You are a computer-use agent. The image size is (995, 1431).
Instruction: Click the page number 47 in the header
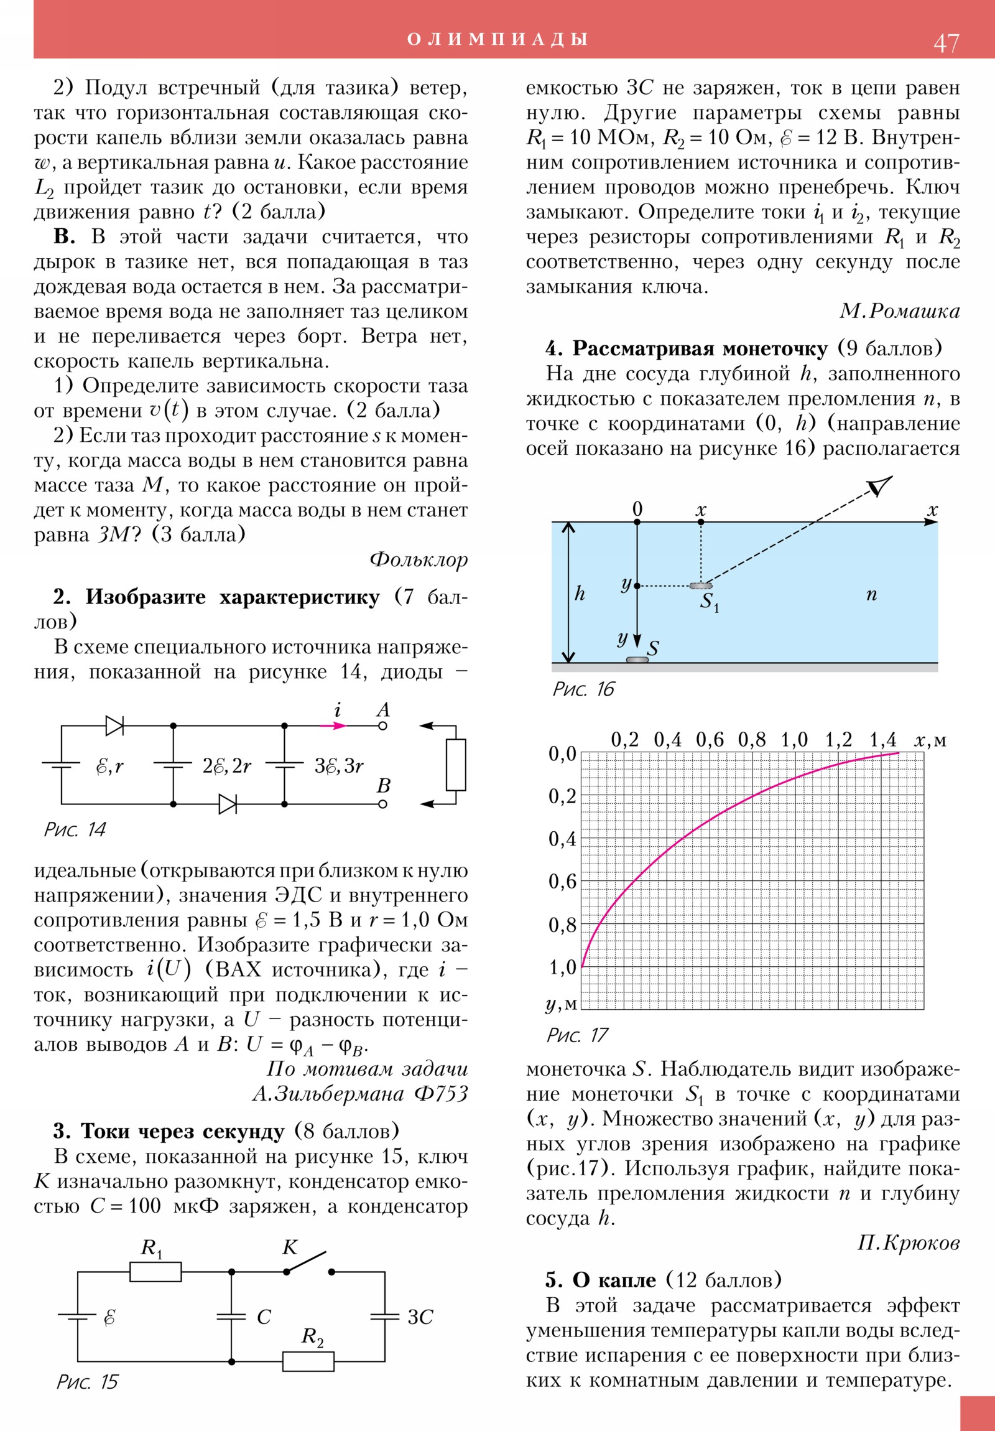(946, 43)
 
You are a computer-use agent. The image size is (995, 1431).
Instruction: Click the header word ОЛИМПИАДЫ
(497, 39)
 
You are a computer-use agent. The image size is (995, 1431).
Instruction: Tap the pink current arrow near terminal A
(333, 725)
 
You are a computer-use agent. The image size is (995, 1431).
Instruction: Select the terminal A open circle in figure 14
(382, 725)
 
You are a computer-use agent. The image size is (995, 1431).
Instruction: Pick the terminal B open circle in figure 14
(382, 804)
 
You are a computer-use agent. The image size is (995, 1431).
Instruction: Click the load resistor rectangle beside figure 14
(456, 765)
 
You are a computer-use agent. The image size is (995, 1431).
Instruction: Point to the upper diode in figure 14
(114, 725)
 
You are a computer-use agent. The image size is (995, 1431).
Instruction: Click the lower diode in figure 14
(228, 804)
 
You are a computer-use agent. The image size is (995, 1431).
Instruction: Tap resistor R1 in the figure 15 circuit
(155, 1272)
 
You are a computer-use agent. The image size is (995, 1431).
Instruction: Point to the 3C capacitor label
(420, 1317)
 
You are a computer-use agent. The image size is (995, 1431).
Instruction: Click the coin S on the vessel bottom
(637, 660)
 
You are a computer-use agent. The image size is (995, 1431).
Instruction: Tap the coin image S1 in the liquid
(701, 586)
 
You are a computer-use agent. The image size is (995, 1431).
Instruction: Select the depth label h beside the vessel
(580, 594)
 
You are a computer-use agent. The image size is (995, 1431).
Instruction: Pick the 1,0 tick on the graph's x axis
(794, 740)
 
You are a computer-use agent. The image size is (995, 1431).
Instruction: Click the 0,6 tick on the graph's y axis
(562, 881)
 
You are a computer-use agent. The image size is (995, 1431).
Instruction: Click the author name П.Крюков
(908, 1243)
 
